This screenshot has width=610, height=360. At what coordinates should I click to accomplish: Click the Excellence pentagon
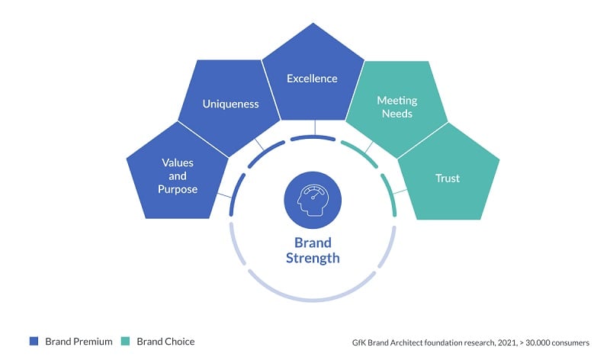[x=312, y=84]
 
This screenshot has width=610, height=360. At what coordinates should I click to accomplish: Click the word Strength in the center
[x=313, y=259]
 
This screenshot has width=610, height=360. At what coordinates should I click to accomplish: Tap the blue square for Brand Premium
[x=34, y=341]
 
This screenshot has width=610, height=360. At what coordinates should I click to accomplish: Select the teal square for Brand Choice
[x=126, y=341]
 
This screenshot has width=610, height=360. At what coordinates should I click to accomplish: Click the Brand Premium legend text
[x=79, y=341]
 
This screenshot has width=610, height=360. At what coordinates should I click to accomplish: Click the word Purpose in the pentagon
[x=178, y=189]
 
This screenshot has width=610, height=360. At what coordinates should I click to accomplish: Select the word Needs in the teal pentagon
[x=395, y=114]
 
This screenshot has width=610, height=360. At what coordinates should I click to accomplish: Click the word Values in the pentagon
[x=178, y=162]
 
